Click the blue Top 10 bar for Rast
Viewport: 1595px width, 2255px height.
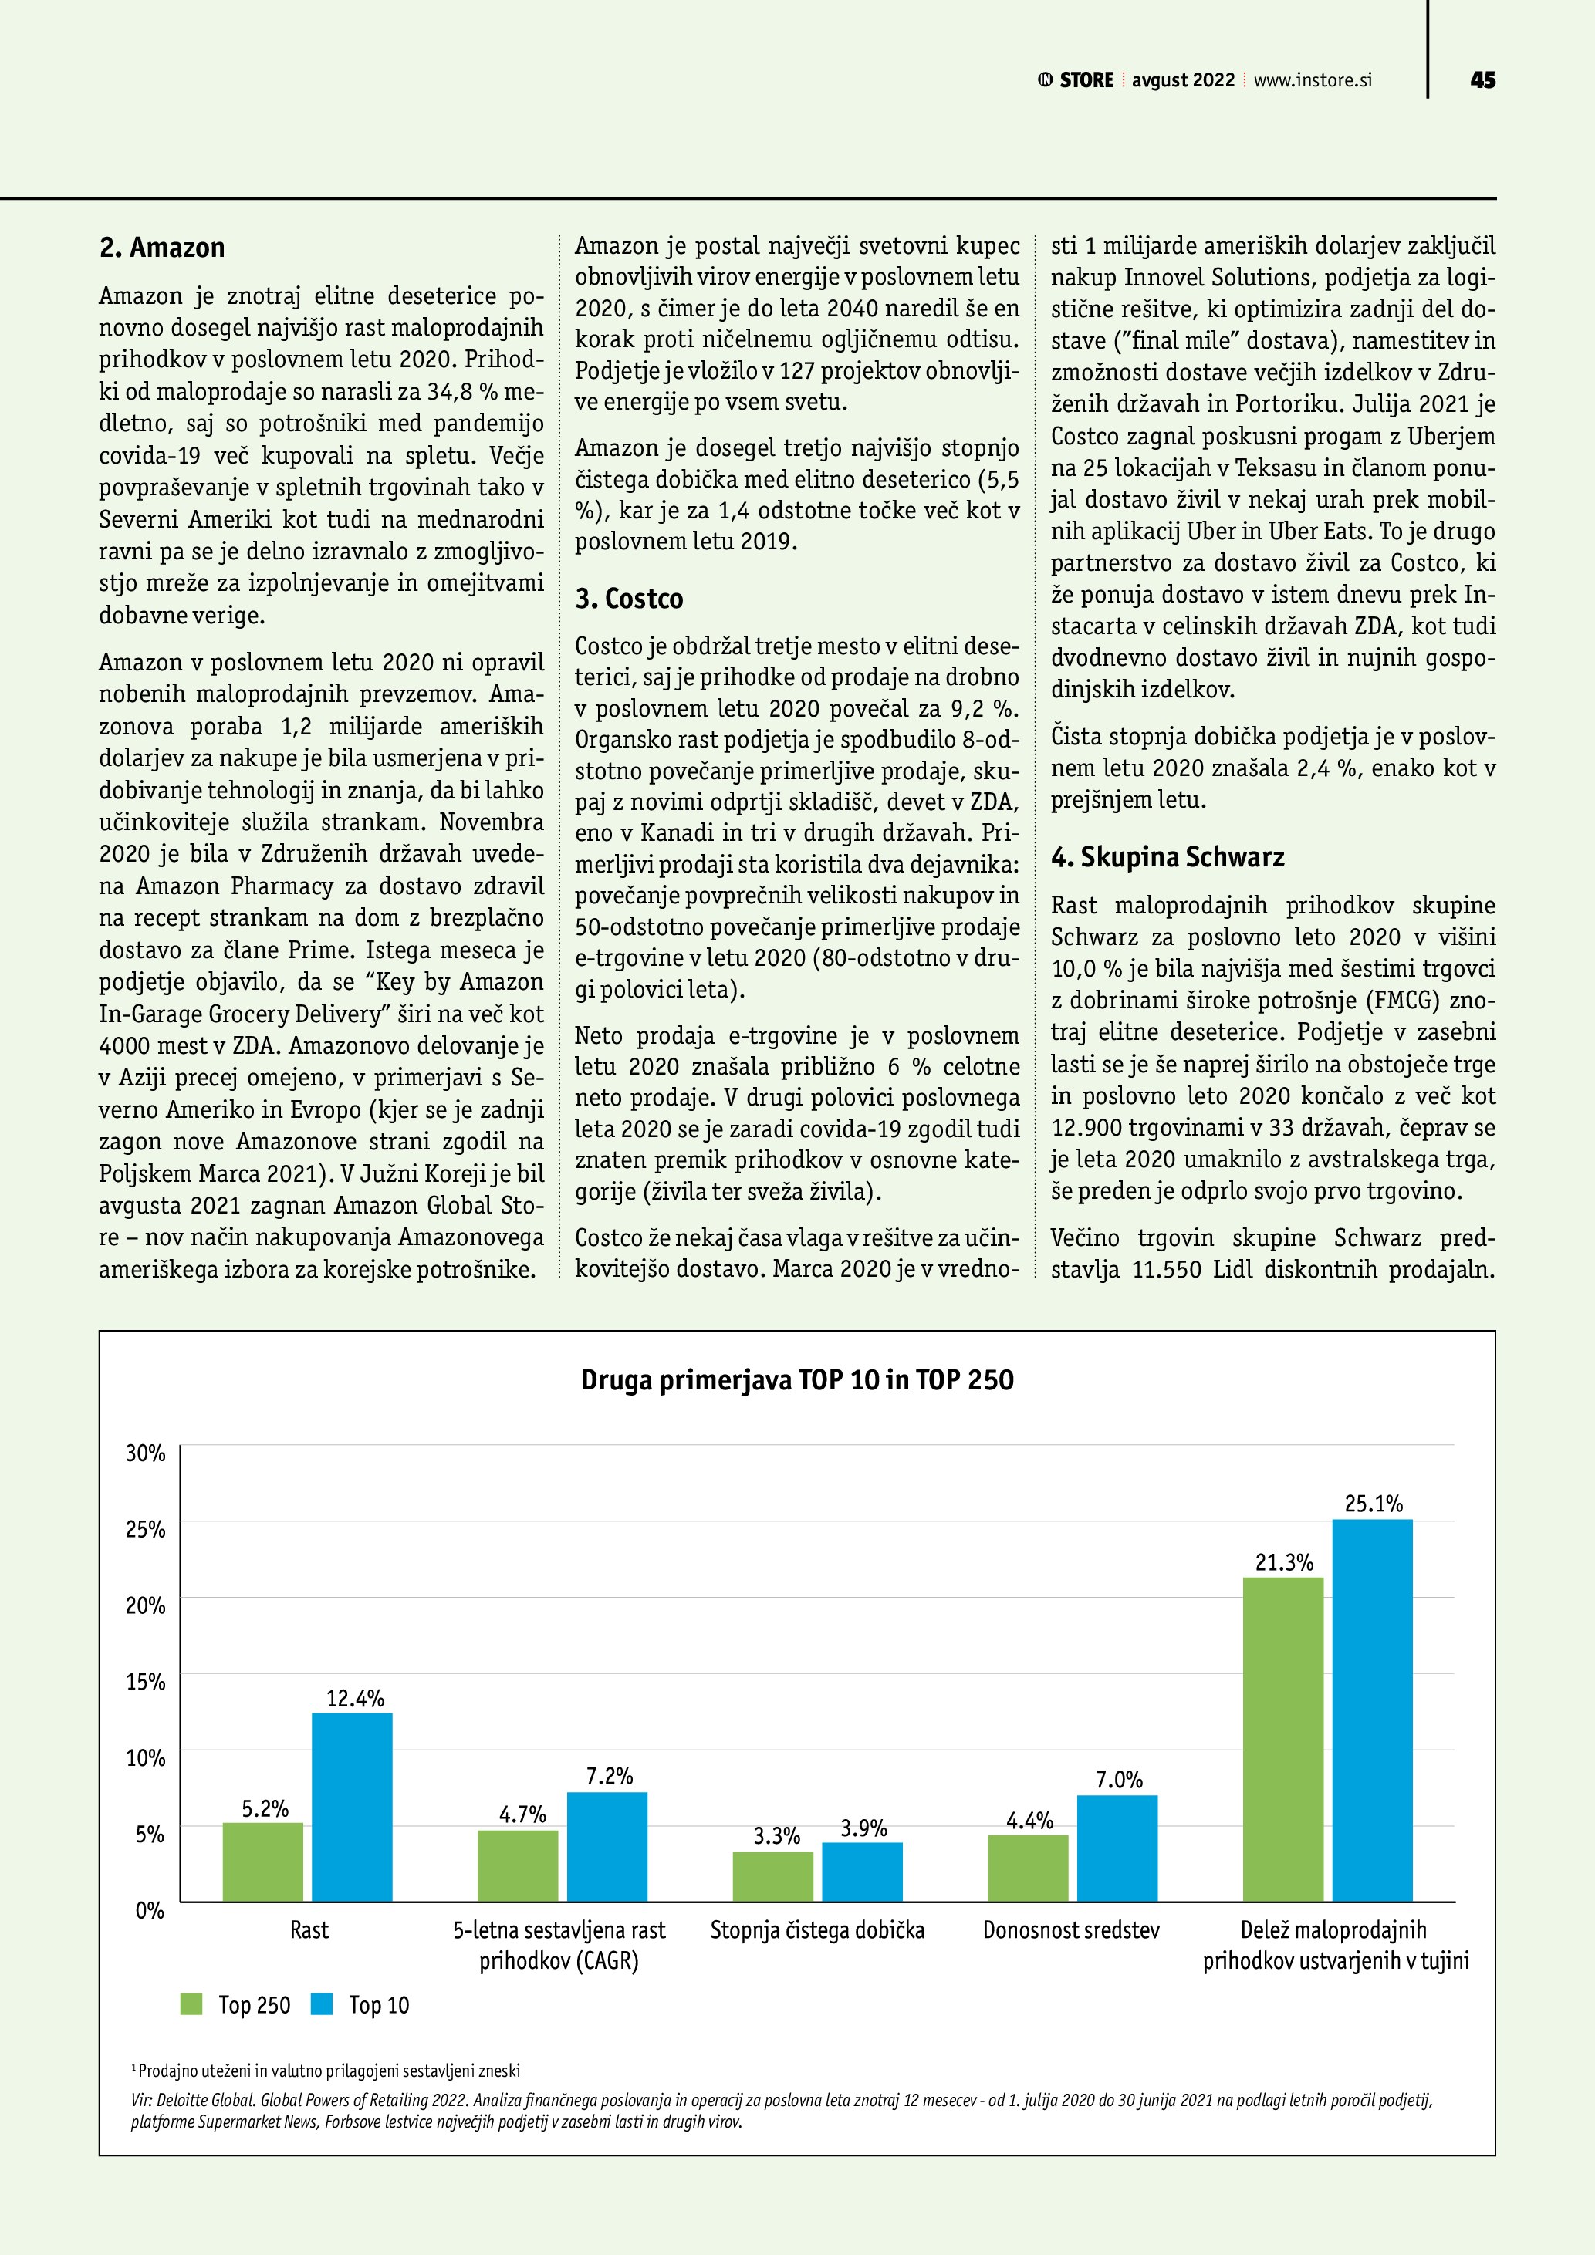pyautogui.click(x=352, y=1807)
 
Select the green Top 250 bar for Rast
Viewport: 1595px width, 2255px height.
pyautogui.click(x=262, y=1862)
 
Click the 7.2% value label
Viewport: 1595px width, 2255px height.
pyautogui.click(x=609, y=1776)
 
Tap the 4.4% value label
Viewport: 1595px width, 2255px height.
pyautogui.click(x=1029, y=1821)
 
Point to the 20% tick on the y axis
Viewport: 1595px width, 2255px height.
pyautogui.click(x=145, y=1605)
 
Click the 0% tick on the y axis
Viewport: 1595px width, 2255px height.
pyautogui.click(x=149, y=1910)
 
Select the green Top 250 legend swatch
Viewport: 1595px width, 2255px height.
pyautogui.click(x=191, y=2004)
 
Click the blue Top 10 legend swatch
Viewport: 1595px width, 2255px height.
pyautogui.click(x=322, y=2004)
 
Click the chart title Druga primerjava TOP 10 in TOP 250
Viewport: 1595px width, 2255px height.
pyautogui.click(x=796, y=1380)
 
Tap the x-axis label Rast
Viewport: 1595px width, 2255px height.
pyautogui.click(x=309, y=1930)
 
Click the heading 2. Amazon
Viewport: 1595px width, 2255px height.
pyautogui.click(x=162, y=248)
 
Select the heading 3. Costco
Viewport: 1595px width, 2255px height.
pyautogui.click(x=629, y=598)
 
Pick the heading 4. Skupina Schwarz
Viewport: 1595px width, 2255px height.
pyautogui.click(x=1167, y=856)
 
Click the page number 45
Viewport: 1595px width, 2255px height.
pyautogui.click(x=1482, y=79)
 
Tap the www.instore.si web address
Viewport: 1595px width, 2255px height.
pyautogui.click(x=1312, y=79)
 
